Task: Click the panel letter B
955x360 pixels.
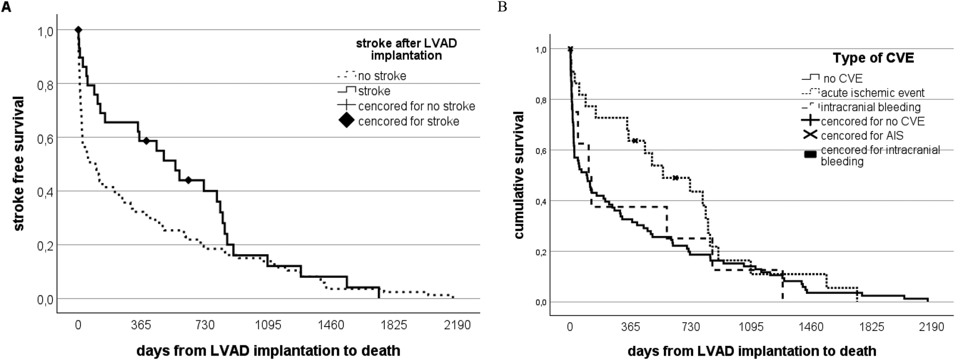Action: pyautogui.click(x=502, y=7)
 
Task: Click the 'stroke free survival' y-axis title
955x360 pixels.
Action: pyautogui.click(x=19, y=164)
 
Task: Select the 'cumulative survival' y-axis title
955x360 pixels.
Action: pyautogui.click(x=519, y=175)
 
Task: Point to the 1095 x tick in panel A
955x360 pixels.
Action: pyautogui.click(x=268, y=325)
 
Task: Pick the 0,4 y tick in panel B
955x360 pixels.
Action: pyautogui.click(x=540, y=201)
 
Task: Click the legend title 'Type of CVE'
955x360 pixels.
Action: pyautogui.click(x=873, y=58)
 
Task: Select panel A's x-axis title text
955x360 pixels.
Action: pyautogui.click(x=268, y=351)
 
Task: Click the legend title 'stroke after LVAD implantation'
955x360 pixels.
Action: pyautogui.click(x=406, y=49)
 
